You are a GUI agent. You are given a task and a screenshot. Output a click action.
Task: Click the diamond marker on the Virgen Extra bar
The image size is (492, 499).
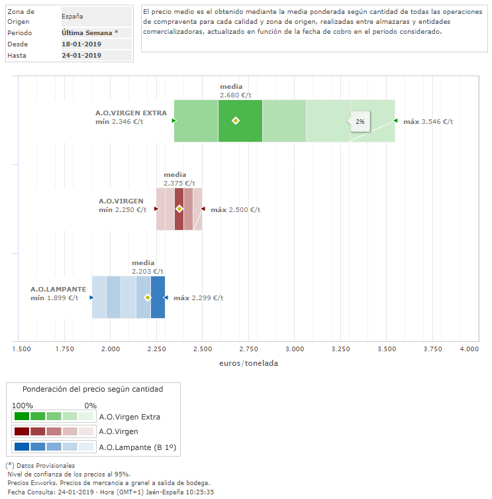click(x=236, y=121)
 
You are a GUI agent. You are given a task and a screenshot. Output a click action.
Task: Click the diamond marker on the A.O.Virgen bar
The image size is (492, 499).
click(x=179, y=209)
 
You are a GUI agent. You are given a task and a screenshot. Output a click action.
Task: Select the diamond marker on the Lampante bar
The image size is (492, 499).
click(x=148, y=298)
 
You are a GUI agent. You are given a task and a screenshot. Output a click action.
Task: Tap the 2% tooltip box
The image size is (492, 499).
click(x=360, y=122)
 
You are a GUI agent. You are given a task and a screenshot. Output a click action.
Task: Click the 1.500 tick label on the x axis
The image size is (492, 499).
click(x=21, y=348)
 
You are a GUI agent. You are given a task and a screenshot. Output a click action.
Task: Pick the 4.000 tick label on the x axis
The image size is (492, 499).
click(x=469, y=348)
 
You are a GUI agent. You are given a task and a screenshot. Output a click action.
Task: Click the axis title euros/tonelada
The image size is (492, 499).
click(x=248, y=363)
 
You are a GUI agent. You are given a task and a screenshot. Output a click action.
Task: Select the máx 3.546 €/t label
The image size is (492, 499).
click(x=428, y=121)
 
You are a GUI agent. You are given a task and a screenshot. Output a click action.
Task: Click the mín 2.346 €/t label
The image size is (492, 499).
click(x=119, y=121)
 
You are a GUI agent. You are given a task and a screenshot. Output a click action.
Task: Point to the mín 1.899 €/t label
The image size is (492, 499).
click(x=54, y=298)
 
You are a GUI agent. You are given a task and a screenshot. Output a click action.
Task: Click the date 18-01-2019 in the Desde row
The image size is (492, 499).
click(x=81, y=44)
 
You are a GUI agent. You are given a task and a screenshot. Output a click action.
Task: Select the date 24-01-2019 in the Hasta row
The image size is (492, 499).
click(x=81, y=55)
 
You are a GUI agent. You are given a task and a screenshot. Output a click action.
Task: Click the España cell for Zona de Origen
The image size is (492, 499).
click(x=72, y=16)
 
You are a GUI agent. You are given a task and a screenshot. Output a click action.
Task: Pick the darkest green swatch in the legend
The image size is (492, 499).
click(x=21, y=417)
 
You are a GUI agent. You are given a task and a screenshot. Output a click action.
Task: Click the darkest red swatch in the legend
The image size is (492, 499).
click(x=21, y=431)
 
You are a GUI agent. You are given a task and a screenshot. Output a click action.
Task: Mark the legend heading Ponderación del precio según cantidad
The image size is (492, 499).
click(x=93, y=390)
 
